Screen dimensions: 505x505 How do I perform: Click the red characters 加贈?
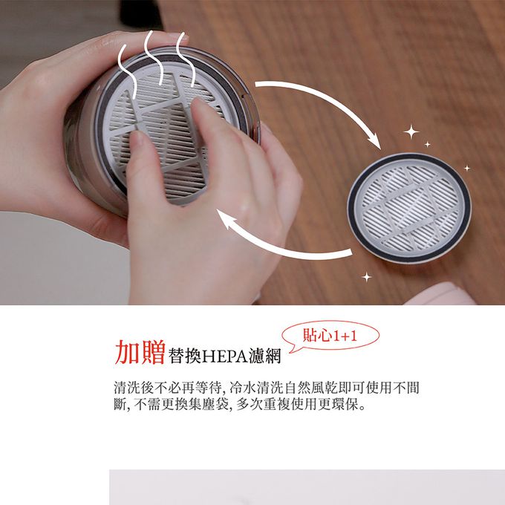140,352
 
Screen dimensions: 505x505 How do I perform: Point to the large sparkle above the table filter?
411,133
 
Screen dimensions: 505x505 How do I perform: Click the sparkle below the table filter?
366,277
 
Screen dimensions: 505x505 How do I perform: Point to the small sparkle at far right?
467,168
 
